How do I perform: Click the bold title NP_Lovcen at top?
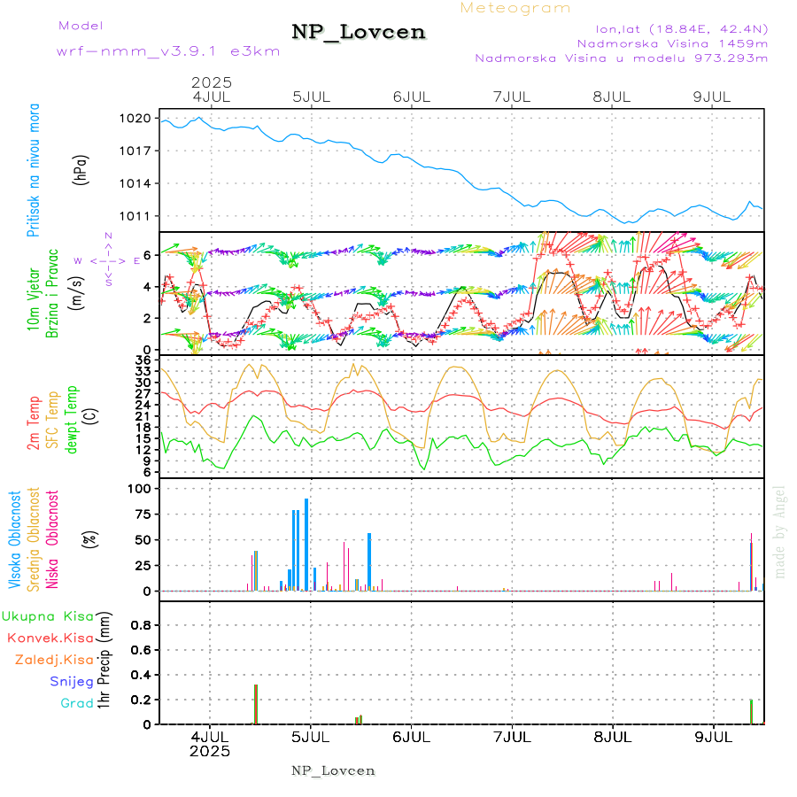point(359,33)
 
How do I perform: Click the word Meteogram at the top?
point(515,8)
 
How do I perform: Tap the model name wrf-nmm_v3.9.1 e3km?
point(167,50)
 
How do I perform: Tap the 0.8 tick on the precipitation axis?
point(140,625)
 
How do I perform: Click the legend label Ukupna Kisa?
point(48,615)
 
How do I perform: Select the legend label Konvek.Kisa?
point(50,638)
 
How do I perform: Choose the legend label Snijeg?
point(71,681)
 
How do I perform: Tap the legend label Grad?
point(76,703)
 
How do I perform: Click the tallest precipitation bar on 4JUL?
point(255,704)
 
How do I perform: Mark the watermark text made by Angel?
point(779,529)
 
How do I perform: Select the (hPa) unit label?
point(81,168)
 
